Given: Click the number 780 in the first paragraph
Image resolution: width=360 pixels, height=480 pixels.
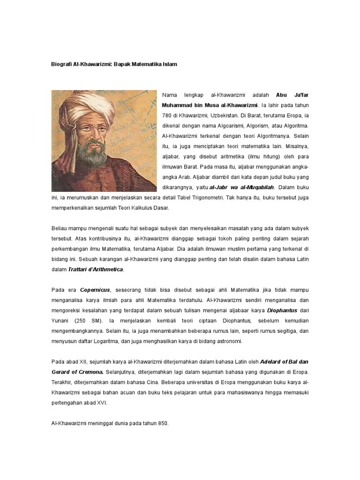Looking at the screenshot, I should click(167, 115).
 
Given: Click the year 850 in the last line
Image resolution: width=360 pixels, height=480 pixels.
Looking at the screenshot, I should click(162, 424).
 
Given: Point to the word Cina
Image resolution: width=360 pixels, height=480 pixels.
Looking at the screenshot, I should click(142, 382).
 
